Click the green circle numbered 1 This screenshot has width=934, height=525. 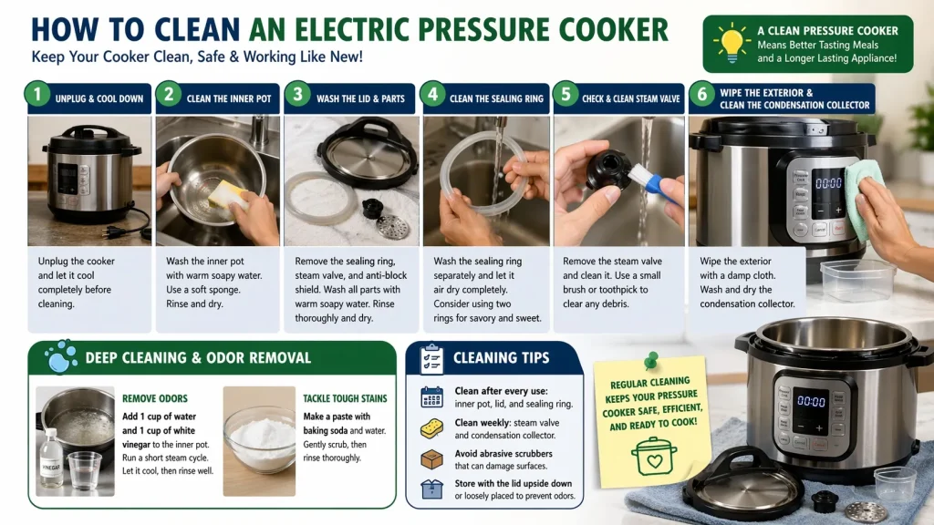(37, 94)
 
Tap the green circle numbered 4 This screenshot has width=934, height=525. (433, 94)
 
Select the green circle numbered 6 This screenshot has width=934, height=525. (702, 94)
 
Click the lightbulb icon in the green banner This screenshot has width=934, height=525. (732, 43)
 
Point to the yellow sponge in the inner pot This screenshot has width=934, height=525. (227, 195)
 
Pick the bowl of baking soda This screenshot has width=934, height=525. (259, 438)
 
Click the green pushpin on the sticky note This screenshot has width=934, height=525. (651, 361)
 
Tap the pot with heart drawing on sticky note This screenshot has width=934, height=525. (654, 457)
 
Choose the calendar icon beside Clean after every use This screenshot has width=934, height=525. (431, 397)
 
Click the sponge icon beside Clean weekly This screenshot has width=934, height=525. (431, 428)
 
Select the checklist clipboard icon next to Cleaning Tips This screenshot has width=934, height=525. (431, 359)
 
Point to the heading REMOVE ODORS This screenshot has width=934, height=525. (155, 398)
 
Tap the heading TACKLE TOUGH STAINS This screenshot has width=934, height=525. (345, 398)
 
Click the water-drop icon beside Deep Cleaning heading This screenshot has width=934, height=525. (60, 356)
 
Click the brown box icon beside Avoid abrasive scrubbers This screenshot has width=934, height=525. (431, 459)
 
